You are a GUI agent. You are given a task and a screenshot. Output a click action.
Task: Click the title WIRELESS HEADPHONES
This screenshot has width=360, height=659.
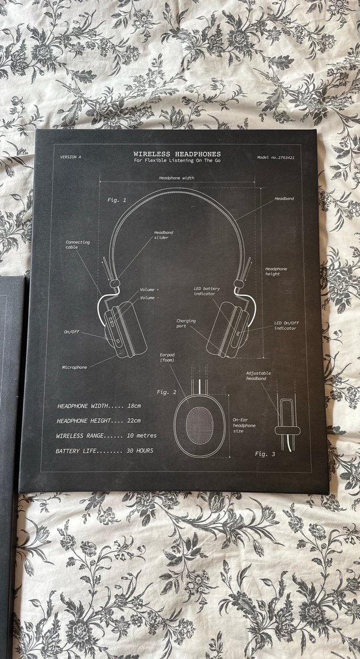(x=177, y=154)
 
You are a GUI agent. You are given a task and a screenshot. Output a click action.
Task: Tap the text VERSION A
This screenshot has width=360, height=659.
(x=71, y=157)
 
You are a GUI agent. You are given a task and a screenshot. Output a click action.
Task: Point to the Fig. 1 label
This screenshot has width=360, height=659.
(x=116, y=200)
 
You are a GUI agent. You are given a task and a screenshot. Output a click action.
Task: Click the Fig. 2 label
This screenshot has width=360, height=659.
(x=166, y=392)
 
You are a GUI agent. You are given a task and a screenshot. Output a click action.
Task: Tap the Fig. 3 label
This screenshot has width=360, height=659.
(x=265, y=454)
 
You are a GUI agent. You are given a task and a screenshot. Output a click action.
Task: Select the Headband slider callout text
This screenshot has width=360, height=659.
(x=164, y=235)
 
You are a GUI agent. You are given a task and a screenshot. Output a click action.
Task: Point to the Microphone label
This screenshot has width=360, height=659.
(x=75, y=367)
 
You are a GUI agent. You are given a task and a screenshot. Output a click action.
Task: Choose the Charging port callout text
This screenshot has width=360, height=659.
(x=186, y=323)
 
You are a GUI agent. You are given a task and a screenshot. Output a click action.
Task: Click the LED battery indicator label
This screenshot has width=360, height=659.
(x=207, y=291)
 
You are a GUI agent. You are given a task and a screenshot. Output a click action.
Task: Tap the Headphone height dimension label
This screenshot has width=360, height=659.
(x=276, y=271)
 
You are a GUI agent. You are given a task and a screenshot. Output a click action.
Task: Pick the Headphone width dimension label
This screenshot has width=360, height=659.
(x=176, y=177)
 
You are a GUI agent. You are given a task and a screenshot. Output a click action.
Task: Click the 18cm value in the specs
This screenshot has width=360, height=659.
(x=134, y=406)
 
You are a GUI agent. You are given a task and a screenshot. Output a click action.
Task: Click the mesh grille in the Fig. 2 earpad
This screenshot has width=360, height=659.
(x=199, y=424)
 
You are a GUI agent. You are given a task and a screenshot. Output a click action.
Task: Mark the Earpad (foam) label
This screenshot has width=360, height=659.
(x=168, y=357)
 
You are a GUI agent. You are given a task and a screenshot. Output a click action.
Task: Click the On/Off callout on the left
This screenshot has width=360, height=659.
(x=72, y=332)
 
